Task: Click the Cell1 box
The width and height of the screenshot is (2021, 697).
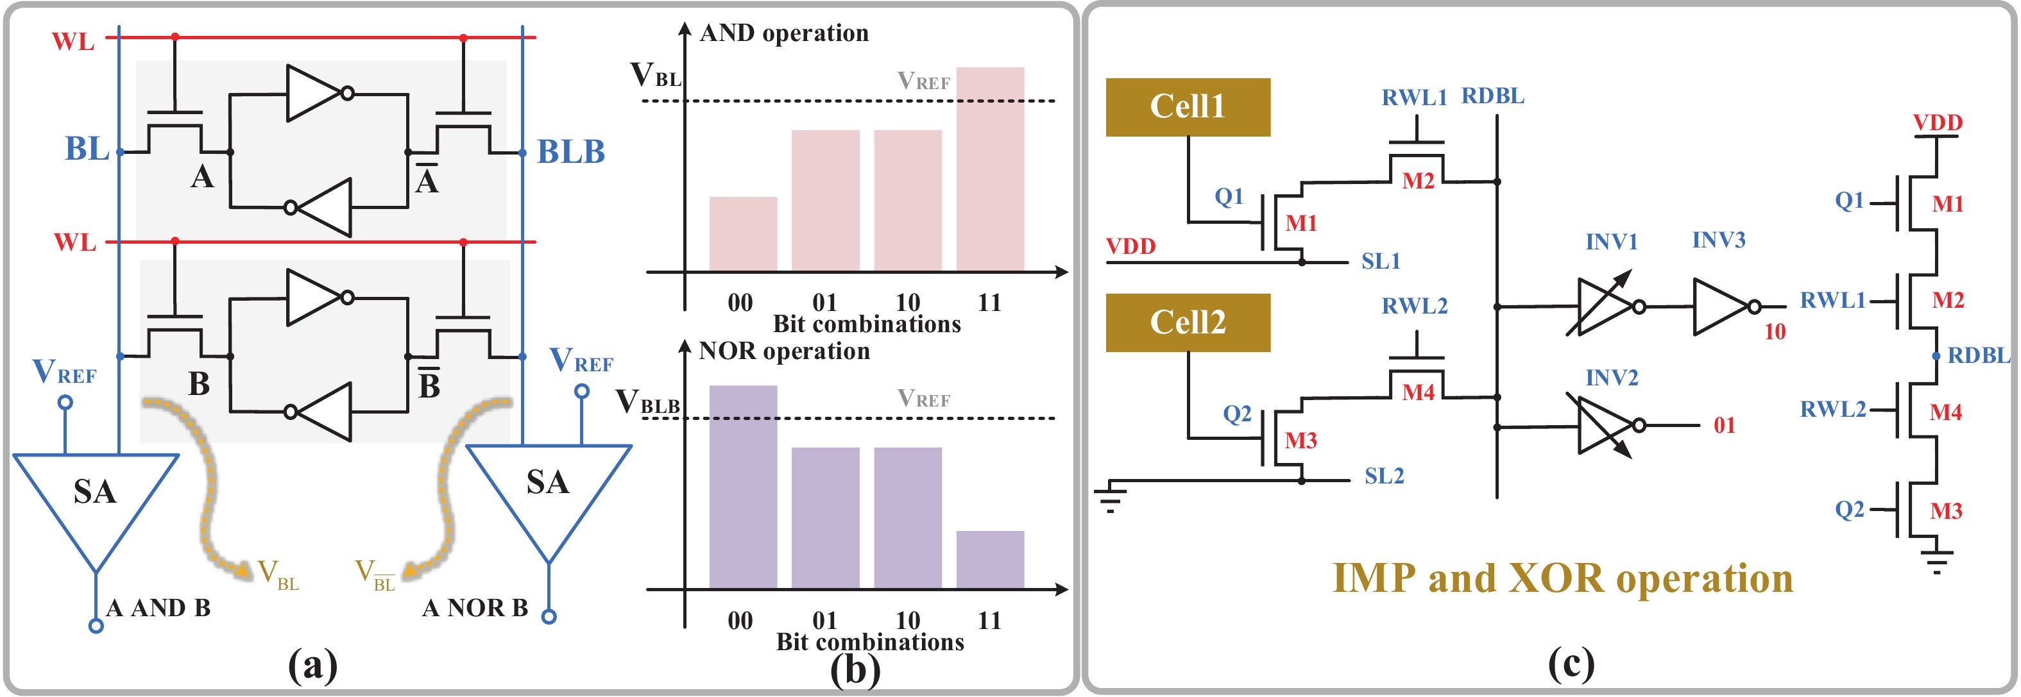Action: (1187, 106)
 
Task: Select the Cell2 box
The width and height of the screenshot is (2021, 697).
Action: (1187, 323)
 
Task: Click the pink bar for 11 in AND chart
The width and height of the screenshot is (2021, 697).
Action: (989, 169)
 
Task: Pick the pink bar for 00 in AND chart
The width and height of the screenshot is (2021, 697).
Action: (742, 233)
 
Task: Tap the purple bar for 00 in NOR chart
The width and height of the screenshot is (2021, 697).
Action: (742, 486)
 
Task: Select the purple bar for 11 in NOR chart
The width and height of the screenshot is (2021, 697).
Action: (989, 559)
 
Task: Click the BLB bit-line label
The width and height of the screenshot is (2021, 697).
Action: (570, 151)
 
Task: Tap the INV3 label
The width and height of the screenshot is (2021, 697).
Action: (1718, 240)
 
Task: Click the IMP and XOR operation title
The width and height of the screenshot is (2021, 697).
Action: (1562, 578)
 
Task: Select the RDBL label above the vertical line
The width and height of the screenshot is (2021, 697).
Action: (1492, 96)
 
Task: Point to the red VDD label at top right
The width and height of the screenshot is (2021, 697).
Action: (1936, 122)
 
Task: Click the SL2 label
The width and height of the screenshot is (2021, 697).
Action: (1384, 476)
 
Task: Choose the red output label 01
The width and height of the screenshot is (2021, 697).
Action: (1724, 426)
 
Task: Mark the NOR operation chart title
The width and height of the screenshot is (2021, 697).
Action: (784, 351)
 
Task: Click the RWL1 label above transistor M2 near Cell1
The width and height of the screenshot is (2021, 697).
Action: (1414, 97)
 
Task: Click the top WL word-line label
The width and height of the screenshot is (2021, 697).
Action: (73, 41)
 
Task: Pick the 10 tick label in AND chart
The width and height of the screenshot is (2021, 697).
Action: (908, 302)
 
